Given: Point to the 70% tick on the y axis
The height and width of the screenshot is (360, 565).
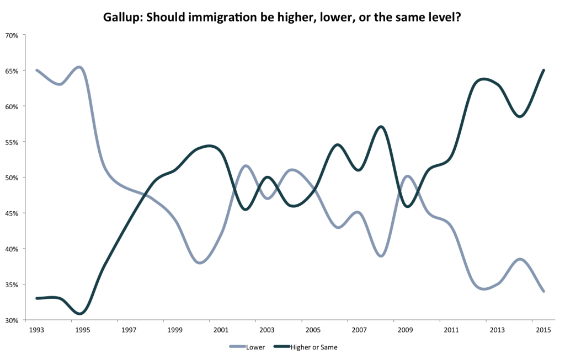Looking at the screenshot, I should point(12,35).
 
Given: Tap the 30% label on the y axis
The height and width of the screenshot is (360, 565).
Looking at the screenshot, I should point(12,320).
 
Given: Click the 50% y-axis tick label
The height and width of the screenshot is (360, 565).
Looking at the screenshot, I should point(12,178).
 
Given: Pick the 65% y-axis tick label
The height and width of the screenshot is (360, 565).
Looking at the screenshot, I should point(12,71).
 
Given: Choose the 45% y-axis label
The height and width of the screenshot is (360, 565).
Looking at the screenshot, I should point(12,213).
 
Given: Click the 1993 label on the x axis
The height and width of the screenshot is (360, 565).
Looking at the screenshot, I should point(37,330).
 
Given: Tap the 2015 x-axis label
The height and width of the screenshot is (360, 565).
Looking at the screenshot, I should point(544,330).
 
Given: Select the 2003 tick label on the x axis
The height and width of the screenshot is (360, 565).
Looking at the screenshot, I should point(268,330).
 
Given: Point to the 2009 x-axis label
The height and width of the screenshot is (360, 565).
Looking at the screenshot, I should point(406,330).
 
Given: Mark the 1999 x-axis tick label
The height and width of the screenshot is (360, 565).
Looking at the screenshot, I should point(175,330).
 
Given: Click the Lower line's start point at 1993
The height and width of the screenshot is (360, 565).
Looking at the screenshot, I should point(37,71).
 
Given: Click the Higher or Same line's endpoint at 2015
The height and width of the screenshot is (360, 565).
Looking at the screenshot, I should point(544,70).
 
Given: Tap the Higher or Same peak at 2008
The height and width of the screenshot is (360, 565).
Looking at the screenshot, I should point(381,127).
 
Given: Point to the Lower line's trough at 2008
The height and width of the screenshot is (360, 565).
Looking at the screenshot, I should point(381,256).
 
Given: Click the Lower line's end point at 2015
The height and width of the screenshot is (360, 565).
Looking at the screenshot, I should point(544,291).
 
